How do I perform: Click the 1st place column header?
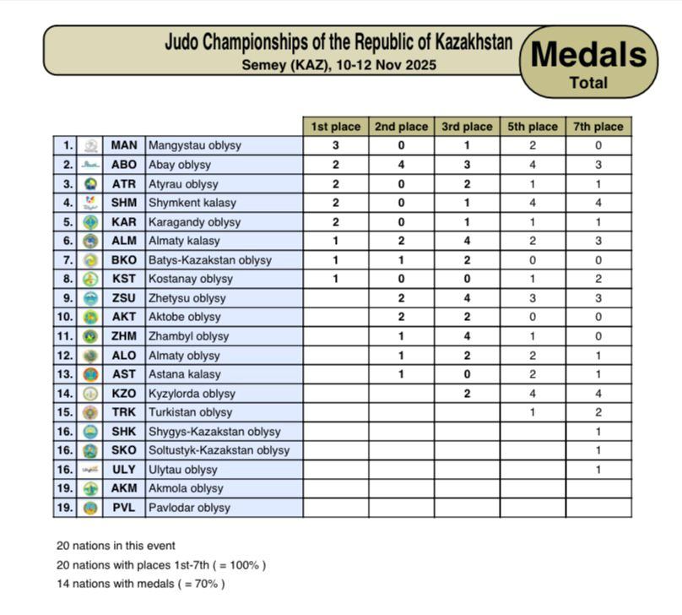tap(335, 127)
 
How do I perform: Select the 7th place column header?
tap(598, 127)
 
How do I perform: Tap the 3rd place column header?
tap(467, 127)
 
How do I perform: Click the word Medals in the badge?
tap(588, 55)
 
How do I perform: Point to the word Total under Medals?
tap(588, 83)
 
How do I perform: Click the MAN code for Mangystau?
tap(123, 145)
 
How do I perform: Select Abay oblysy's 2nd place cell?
tap(401, 165)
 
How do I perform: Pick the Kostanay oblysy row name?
tap(190, 279)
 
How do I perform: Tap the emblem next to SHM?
tap(91, 203)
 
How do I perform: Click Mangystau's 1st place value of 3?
tap(335, 145)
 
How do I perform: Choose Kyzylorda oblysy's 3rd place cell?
tap(467, 394)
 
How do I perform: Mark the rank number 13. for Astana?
tap(65, 374)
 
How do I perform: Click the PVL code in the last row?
tap(123, 508)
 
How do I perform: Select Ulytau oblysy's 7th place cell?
tap(598, 470)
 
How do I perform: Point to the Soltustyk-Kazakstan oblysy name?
tap(219, 450)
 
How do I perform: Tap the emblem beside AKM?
tap(91, 488)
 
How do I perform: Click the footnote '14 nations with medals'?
tap(140, 584)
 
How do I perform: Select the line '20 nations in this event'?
tap(116, 546)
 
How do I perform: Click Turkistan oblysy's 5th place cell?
tap(532, 412)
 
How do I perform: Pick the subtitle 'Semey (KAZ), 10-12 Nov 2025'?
tap(338, 64)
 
